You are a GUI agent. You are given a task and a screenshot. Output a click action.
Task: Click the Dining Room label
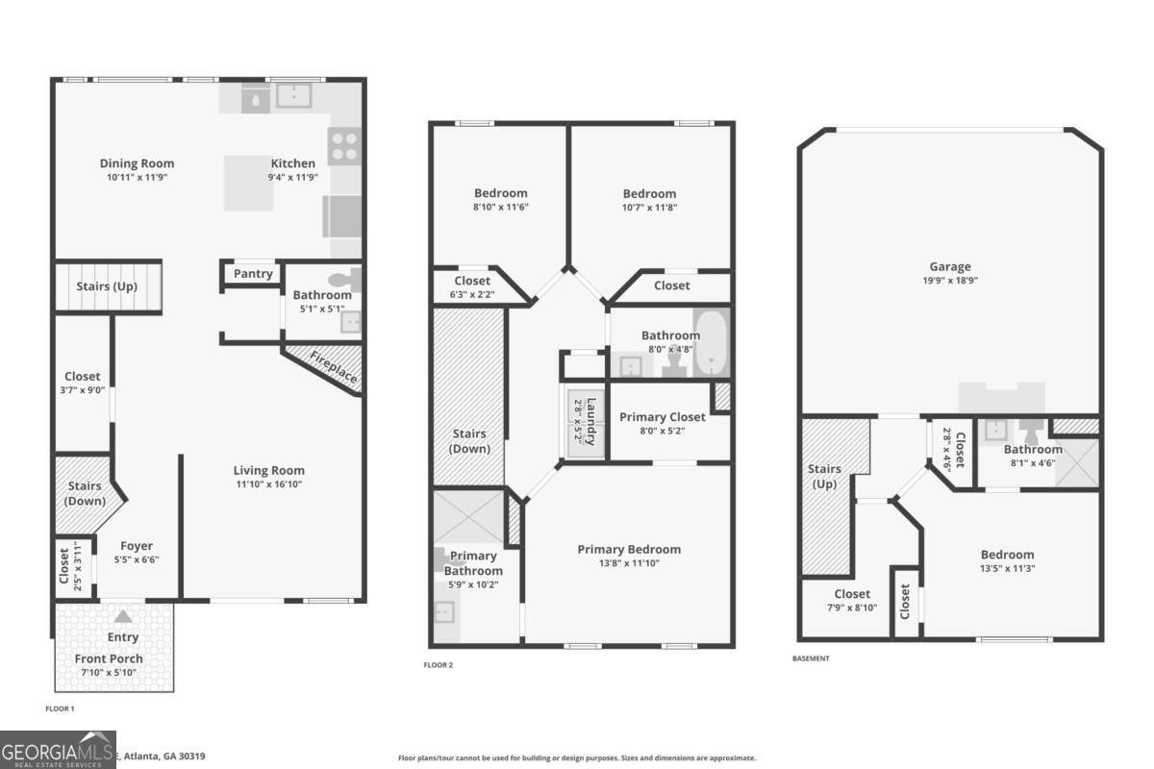[x=137, y=163]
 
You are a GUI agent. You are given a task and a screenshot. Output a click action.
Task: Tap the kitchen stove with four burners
[x=344, y=146]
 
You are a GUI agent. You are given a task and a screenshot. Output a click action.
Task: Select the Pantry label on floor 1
[x=253, y=274]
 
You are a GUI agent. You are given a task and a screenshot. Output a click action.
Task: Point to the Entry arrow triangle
[x=122, y=618]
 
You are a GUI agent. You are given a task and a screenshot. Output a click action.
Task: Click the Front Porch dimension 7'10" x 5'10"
[x=110, y=673]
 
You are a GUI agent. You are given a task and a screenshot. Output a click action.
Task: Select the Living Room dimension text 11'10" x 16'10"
[x=268, y=484]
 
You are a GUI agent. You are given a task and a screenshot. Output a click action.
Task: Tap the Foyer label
[x=137, y=546]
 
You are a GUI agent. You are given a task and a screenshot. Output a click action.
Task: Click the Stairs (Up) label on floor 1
[x=105, y=286]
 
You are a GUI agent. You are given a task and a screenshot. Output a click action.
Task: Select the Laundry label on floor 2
[x=591, y=421]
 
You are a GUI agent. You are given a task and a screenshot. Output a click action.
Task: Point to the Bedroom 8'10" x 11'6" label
[x=500, y=193]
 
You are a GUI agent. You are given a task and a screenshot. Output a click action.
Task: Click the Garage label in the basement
[x=949, y=267]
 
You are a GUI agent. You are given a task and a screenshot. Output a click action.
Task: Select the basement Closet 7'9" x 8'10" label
[x=852, y=594]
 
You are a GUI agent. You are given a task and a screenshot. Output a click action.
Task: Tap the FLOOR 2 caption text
[x=438, y=665]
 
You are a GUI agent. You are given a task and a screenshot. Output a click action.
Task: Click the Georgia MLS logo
[x=58, y=749]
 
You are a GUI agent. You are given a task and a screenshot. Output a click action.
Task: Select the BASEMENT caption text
[x=810, y=658]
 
